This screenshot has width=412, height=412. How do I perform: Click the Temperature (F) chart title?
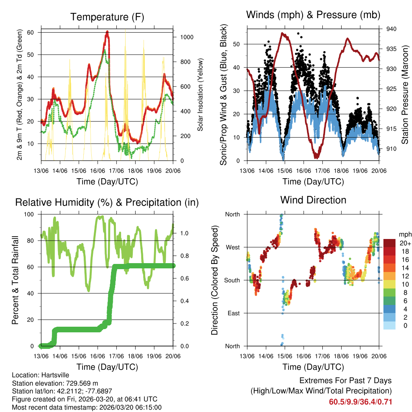point(107,17)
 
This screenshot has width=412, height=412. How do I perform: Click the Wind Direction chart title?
point(313,200)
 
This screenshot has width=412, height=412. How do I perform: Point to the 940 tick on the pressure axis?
point(391,29)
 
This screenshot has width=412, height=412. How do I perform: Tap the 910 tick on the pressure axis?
point(391,149)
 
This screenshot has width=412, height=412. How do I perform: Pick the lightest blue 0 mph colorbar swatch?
point(390,325)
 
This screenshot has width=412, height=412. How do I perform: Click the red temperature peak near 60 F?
point(107,32)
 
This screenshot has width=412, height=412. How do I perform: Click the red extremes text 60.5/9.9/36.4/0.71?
point(360,402)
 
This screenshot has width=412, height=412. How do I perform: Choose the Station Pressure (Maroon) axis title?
point(405,95)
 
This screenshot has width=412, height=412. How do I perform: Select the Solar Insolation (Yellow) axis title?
point(200,95)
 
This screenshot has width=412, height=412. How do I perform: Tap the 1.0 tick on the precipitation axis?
point(184,233)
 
